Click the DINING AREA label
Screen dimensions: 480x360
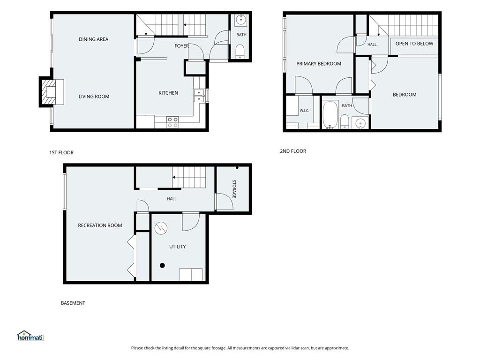93,39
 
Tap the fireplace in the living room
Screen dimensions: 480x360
49,92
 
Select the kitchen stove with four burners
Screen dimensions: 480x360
172,122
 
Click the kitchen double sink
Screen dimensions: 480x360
199,95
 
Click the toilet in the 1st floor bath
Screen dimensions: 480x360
240,52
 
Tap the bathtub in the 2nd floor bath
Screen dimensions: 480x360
330,114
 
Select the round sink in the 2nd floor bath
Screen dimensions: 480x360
360,123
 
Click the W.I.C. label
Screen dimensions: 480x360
304,111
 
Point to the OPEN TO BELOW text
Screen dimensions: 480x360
414,44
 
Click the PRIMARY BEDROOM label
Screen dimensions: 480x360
319,64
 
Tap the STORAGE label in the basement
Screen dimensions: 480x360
234,189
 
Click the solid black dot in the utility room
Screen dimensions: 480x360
162,265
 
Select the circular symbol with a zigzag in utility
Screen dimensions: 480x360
161,228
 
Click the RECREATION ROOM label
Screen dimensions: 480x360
100,225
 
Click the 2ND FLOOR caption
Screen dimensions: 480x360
293,151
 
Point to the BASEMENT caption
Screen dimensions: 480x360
73,303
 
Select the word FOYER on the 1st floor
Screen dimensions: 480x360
181,46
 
